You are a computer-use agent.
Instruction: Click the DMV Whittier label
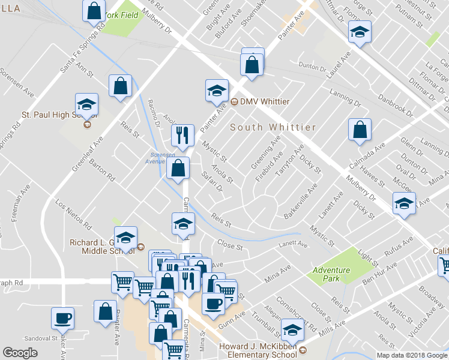click(x=265, y=101)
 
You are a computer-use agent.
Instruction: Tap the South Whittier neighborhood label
click(x=274, y=127)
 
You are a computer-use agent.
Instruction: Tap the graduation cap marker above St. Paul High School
click(x=87, y=104)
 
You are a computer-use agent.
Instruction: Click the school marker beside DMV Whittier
click(x=217, y=91)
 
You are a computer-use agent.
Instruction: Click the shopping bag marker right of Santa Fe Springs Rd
click(x=121, y=85)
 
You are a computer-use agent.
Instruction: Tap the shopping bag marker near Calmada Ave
click(x=360, y=130)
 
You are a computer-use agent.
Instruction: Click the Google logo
click(x=20, y=353)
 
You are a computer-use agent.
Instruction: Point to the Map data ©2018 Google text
click(x=412, y=355)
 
